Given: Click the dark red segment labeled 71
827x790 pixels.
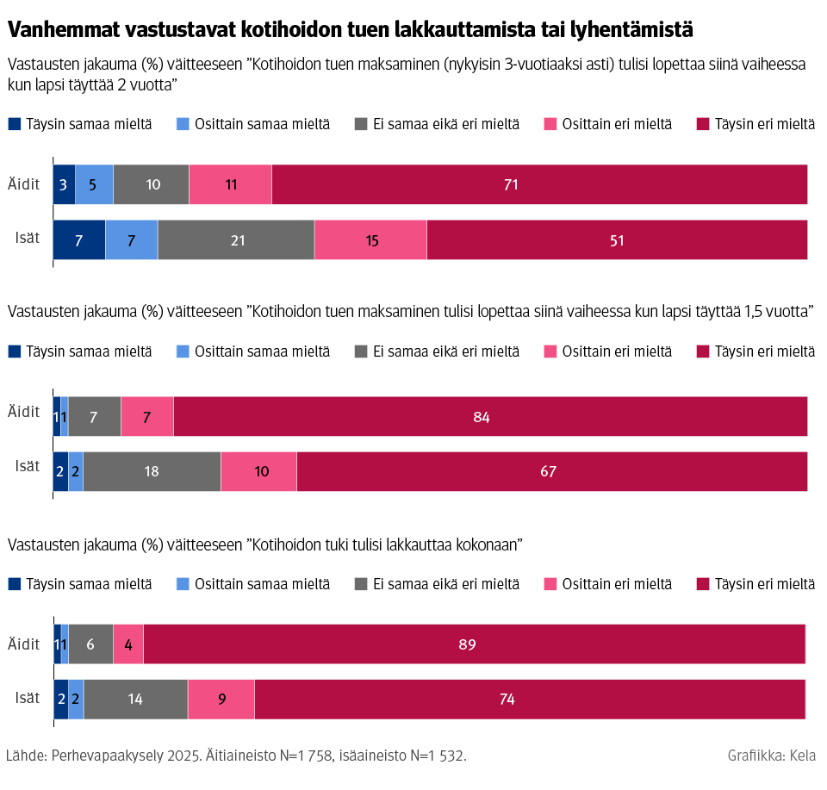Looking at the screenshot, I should tap(539, 184).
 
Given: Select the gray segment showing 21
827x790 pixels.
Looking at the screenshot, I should tap(236, 240).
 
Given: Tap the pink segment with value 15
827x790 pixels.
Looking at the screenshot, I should tap(370, 240).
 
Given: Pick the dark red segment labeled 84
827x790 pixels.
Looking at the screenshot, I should tap(490, 417).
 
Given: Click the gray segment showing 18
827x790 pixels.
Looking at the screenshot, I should tap(152, 471).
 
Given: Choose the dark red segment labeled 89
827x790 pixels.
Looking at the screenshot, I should tap(474, 644).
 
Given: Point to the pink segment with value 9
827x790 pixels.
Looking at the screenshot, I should tap(221, 699).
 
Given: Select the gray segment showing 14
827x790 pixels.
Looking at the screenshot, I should tap(135, 699).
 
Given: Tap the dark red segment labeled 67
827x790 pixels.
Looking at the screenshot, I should tap(551, 471).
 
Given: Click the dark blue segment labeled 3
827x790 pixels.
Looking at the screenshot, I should tap(64, 184).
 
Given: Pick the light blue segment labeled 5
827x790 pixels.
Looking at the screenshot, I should tap(94, 184).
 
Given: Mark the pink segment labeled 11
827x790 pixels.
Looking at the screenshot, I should tap(230, 184).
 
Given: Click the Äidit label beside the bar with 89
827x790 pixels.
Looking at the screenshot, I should tap(24, 644).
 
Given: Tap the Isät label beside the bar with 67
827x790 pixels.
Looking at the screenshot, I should tap(28, 466).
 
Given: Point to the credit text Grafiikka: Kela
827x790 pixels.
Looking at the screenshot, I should tap(771, 756).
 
